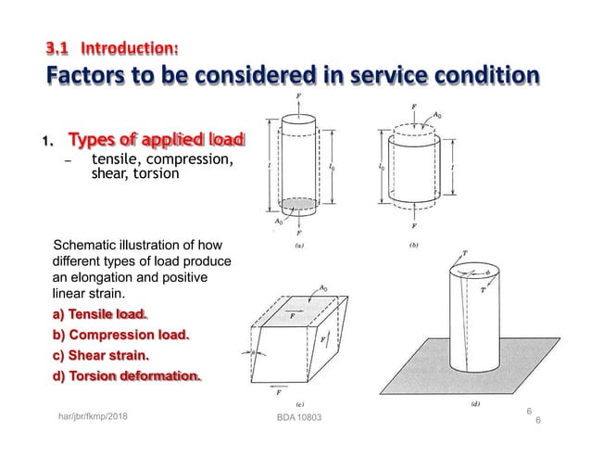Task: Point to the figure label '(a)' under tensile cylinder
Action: pyautogui.click(x=302, y=248)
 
